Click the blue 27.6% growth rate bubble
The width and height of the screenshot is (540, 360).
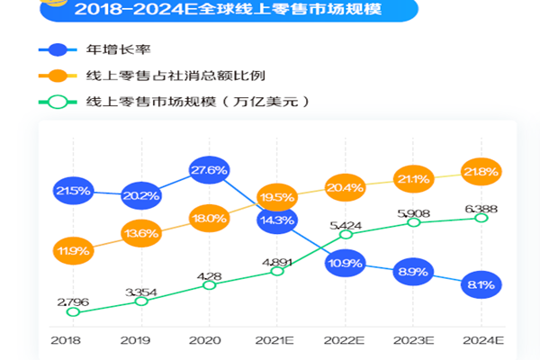pyautogui.click(x=209, y=169)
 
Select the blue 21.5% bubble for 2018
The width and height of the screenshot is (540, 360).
pyautogui.click(x=72, y=191)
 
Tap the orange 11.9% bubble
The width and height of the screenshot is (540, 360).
pyautogui.click(x=72, y=248)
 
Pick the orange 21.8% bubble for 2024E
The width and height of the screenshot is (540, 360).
pyautogui.click(x=481, y=171)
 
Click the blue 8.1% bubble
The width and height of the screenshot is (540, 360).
pyautogui.click(x=481, y=283)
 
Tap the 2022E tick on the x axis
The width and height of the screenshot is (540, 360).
pyautogui.click(x=346, y=341)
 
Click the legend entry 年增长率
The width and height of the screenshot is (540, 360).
pyautogui.click(x=112, y=49)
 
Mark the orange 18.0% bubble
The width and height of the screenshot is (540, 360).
pyautogui.click(x=209, y=218)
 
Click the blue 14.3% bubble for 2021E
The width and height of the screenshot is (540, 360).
pyautogui.click(x=277, y=219)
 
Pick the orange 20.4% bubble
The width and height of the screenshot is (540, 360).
pyautogui.click(x=346, y=188)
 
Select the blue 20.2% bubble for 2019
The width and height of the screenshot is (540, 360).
pyautogui.click(x=140, y=193)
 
